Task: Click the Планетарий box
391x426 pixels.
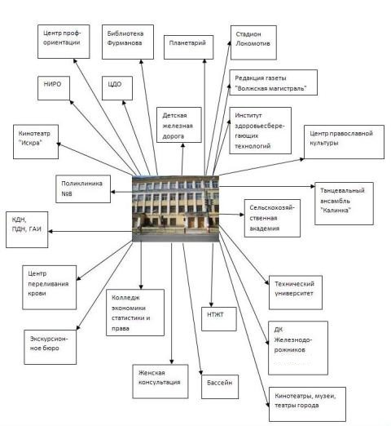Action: click(x=188, y=47)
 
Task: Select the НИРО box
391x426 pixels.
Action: click(x=54, y=88)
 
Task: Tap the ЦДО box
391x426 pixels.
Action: click(x=117, y=88)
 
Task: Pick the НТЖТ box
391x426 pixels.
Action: click(x=219, y=319)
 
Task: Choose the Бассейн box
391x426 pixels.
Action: click(x=220, y=387)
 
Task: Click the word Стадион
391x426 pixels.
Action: click(x=248, y=34)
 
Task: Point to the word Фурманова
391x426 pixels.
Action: click(x=125, y=43)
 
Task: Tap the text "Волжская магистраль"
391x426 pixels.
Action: click(x=270, y=88)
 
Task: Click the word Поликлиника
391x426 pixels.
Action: click(x=81, y=184)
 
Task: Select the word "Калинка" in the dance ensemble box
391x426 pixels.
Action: click(x=336, y=211)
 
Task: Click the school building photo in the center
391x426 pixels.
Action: click(x=175, y=209)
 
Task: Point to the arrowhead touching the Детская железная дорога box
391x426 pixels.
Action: click(x=182, y=145)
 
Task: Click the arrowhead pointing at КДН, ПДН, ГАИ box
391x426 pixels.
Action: click(x=51, y=232)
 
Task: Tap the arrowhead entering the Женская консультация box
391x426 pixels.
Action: click(x=171, y=362)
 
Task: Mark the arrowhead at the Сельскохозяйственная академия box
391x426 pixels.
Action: click(x=242, y=215)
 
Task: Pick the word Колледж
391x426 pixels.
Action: click(x=125, y=298)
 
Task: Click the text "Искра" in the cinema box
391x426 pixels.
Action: click(x=30, y=143)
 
